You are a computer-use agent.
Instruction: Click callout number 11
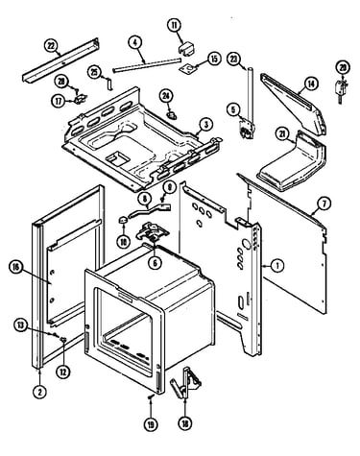[x=175, y=26]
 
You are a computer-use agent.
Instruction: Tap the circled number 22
[x=51, y=46]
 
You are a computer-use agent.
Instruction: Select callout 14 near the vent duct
[x=311, y=84]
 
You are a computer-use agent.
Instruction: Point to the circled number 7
[x=324, y=204]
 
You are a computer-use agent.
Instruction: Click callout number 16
[x=15, y=268]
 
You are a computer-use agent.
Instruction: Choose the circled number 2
[x=39, y=392]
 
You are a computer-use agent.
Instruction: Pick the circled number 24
[x=166, y=96]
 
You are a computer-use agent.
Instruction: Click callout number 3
[x=206, y=125]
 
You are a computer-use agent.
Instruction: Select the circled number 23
[x=235, y=60]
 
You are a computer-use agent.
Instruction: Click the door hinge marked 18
[x=186, y=383]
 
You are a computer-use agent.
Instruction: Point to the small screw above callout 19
[x=151, y=396]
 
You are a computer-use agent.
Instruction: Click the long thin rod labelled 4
[x=147, y=65]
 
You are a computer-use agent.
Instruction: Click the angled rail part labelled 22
[x=60, y=60]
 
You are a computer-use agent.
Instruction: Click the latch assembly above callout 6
[x=151, y=231]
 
